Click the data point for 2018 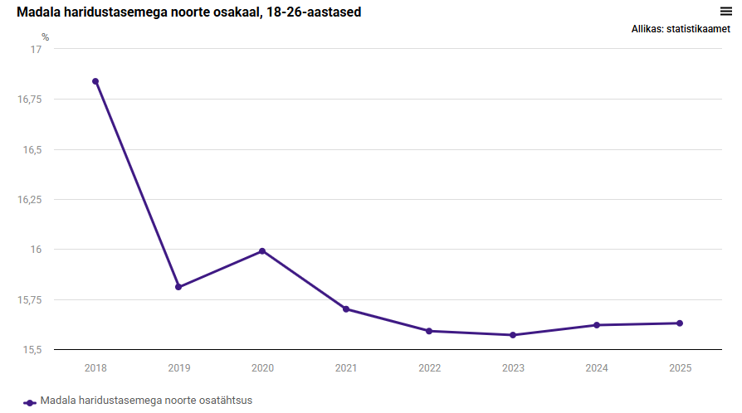[95, 81]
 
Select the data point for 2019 [178, 287]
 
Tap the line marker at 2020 [262, 251]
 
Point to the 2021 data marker [345, 309]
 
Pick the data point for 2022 [429, 331]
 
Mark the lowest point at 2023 [513, 335]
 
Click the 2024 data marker [597, 325]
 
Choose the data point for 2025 [680, 323]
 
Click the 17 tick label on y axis [36, 50]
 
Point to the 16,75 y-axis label [29, 100]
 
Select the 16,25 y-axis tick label [29, 200]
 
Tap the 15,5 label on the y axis [31, 349]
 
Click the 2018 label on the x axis [95, 367]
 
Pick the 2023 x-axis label [513, 367]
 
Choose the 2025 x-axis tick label [680, 367]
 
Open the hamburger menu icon [725, 11]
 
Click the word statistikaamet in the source [698, 29]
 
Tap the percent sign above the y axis [46, 37]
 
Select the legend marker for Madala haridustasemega [30, 401]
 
